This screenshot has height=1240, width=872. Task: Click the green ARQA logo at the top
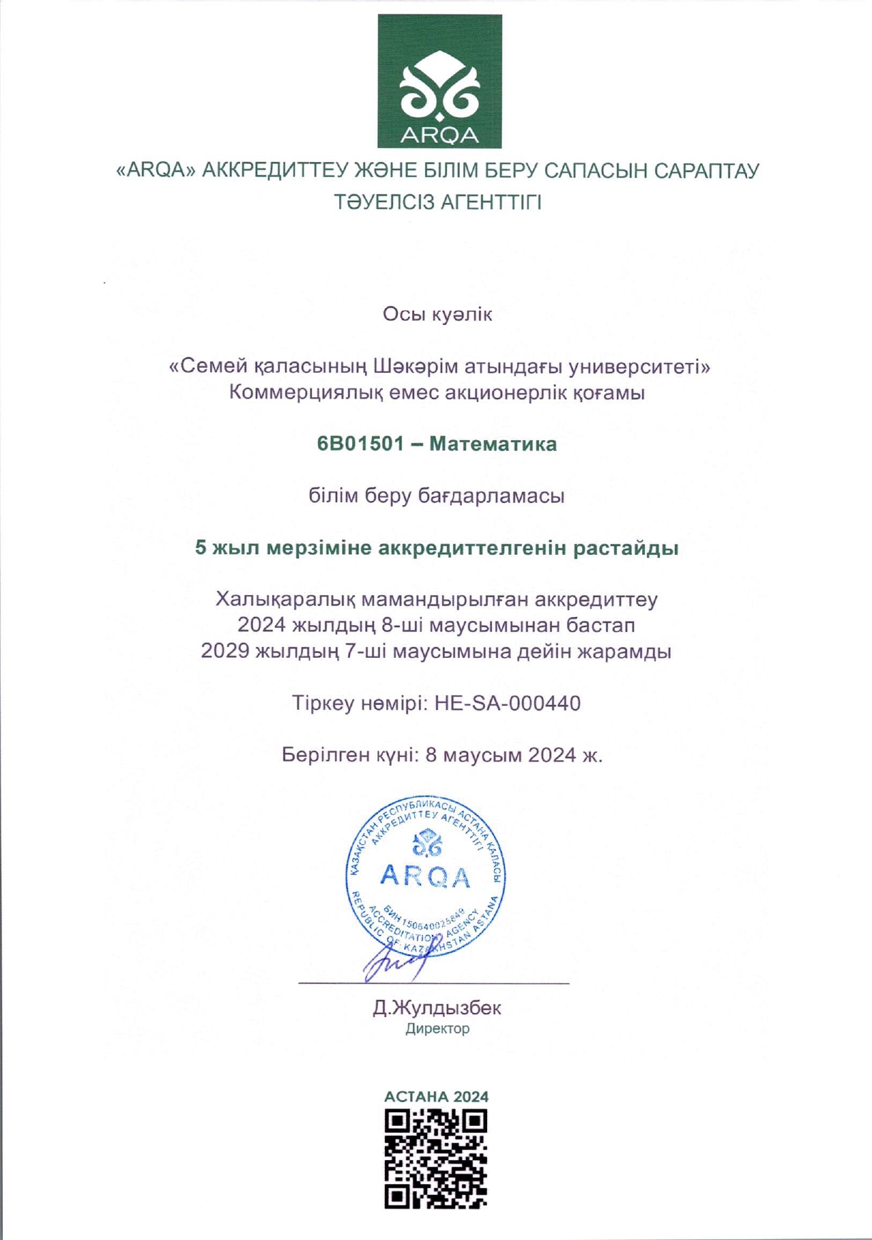[x=439, y=81]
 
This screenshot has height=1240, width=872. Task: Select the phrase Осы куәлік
[x=437, y=314]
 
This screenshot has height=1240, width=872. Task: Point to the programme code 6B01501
[x=361, y=444]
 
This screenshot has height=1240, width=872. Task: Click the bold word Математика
[x=493, y=444]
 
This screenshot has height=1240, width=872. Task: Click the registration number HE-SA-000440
[x=507, y=704]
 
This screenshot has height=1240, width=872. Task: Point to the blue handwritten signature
[x=396, y=961]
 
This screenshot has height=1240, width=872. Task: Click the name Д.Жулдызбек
[x=436, y=1008]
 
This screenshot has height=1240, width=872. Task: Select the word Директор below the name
[x=437, y=1029]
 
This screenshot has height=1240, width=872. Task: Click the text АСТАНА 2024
[x=436, y=1096]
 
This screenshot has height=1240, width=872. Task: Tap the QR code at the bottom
[x=436, y=1159]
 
